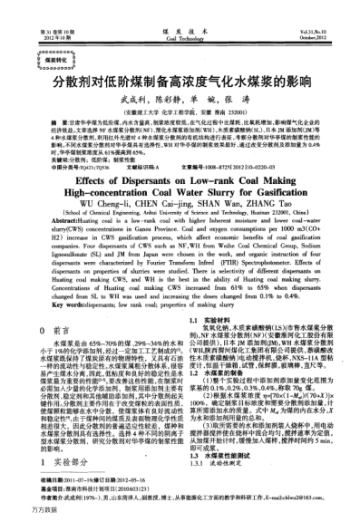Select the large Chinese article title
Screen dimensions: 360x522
pyautogui.click(x=180, y=80)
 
